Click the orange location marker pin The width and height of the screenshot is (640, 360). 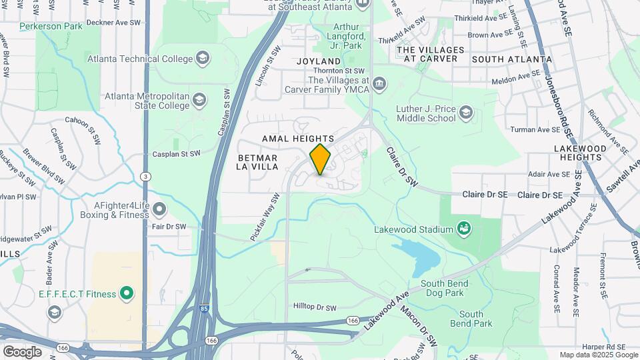click(x=320, y=159)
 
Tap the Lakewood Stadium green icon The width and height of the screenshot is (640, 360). click(x=464, y=230)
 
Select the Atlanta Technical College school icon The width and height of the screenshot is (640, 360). click(x=203, y=59)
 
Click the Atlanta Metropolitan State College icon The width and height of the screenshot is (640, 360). click(x=199, y=101)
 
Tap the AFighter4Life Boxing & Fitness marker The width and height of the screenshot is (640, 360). click(x=159, y=210)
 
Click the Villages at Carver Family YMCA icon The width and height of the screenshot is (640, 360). click(x=379, y=84)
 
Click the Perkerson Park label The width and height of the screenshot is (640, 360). click(x=51, y=27)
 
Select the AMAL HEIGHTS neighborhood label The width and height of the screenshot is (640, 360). click(x=298, y=139)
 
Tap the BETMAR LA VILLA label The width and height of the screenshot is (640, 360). click(x=257, y=162)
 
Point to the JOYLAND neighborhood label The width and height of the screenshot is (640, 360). click(x=318, y=61)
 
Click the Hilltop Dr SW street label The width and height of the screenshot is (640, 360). click(x=315, y=307)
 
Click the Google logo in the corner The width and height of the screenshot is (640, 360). click(x=22, y=351)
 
